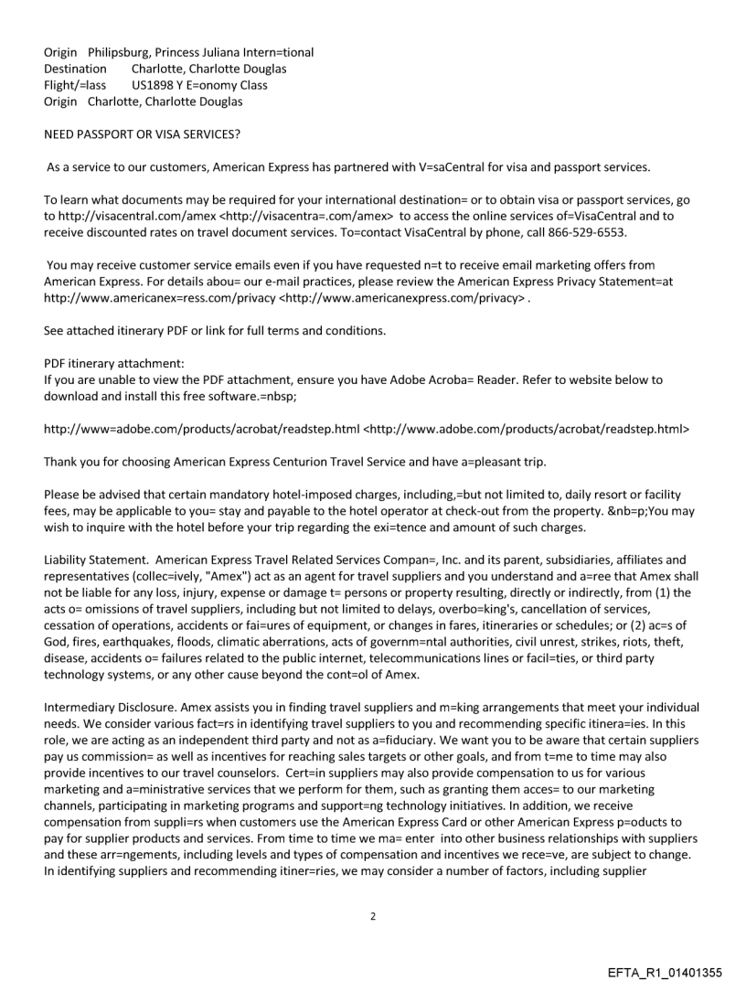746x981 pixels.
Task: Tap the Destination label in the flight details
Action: pos(75,69)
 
